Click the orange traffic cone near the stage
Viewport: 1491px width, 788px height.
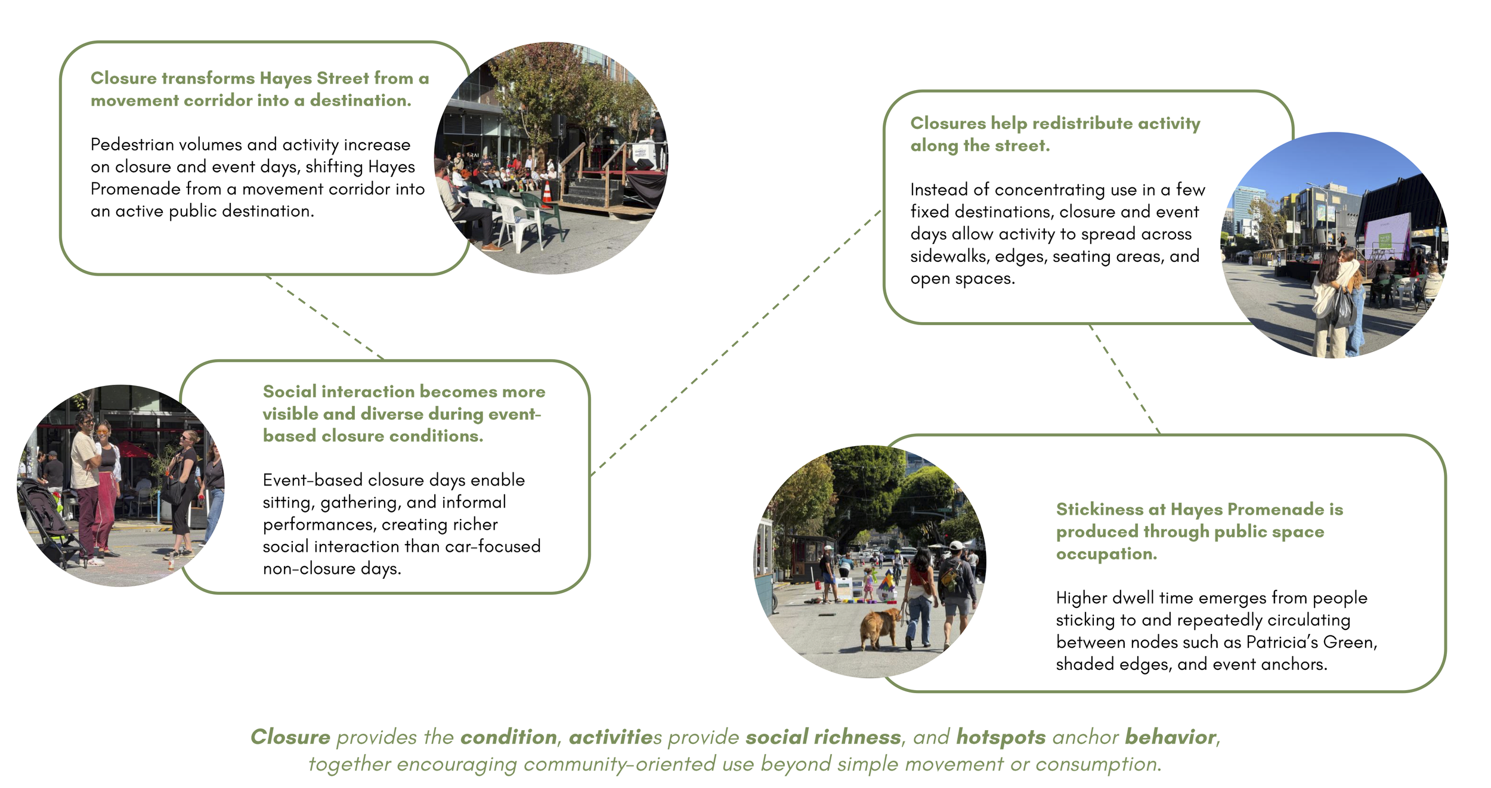pos(546,192)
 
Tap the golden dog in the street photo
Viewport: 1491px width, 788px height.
pos(880,626)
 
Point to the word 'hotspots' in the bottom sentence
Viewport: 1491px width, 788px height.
pos(1000,737)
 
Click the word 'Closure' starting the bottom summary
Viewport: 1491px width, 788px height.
pos(290,737)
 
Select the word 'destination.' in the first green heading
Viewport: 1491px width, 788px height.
pos(360,100)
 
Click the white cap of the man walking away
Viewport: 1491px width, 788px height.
pos(956,545)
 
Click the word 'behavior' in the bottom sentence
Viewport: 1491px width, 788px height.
pos(1170,737)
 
